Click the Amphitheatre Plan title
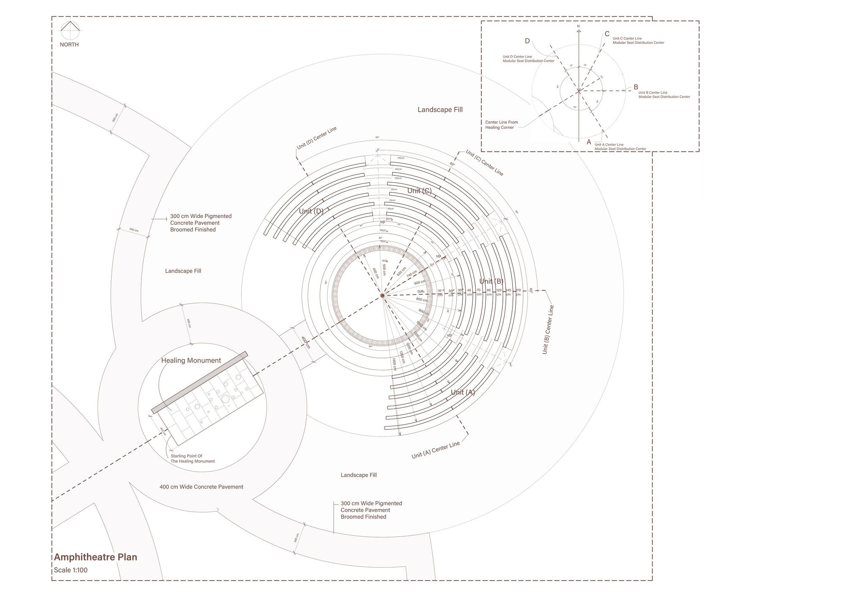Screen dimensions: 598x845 tap(95, 557)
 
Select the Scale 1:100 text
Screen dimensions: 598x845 tap(71, 570)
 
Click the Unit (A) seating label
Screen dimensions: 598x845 tap(463, 392)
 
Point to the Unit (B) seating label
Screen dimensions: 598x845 tap(491, 281)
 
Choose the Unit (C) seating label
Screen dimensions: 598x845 tap(420, 191)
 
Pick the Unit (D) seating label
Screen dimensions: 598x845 tap(311, 211)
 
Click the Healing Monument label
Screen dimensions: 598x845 tap(191, 360)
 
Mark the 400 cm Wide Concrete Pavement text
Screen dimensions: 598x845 tap(201, 487)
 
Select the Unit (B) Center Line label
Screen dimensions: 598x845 tap(548, 330)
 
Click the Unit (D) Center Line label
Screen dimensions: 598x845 tap(316, 138)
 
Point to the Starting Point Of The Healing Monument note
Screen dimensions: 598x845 tap(193, 459)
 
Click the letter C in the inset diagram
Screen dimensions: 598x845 tap(607, 34)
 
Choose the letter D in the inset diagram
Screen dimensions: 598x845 tap(527, 41)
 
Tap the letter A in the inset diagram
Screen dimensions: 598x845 tap(589, 142)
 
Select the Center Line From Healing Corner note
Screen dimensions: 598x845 tap(502, 125)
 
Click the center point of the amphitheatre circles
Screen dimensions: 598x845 tap(383, 295)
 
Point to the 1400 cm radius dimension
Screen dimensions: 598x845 tap(394, 364)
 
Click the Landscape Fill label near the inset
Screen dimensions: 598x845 tap(440, 109)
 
